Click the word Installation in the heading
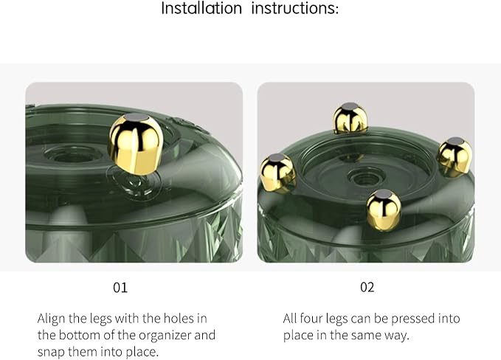tap(201, 8)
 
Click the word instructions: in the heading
tap(294, 8)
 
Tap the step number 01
tap(120, 288)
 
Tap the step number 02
tap(367, 287)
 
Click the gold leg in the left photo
tap(136, 145)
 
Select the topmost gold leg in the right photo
tap(350, 118)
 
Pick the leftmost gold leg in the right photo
tap(277, 173)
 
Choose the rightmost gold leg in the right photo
tap(455, 157)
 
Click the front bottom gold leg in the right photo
tap(384, 210)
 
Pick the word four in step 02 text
tap(311, 319)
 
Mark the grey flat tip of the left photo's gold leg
tap(136, 117)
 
